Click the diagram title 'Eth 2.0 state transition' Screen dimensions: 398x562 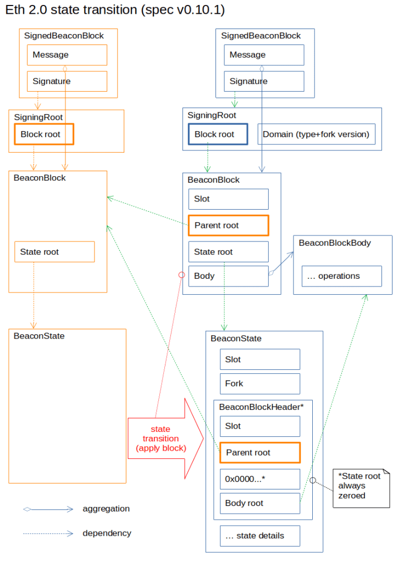[71, 10]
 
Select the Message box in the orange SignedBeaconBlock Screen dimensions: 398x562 [67, 55]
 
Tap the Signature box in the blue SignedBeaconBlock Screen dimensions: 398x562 [264, 81]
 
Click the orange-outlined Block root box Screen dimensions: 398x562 [44, 134]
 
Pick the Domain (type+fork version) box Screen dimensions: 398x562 [317, 134]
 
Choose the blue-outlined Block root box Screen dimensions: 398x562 [218, 134]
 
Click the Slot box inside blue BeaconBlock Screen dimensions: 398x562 [229, 199]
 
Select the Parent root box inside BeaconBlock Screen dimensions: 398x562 [229, 226]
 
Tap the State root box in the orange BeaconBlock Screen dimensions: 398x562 [54, 252]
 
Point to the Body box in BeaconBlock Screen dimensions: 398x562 [229, 277]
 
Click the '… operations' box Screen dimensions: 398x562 [342, 277]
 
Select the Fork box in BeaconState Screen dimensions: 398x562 [260, 384]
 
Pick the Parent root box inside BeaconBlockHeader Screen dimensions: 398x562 [260, 453]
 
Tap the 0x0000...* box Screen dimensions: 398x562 [260, 479]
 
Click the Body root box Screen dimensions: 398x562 [260, 504]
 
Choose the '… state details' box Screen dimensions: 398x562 [260, 536]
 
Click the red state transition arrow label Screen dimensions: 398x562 [161, 439]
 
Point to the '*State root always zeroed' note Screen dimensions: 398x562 [361, 488]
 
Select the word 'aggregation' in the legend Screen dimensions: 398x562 [106, 509]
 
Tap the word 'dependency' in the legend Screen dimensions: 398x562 [107, 533]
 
